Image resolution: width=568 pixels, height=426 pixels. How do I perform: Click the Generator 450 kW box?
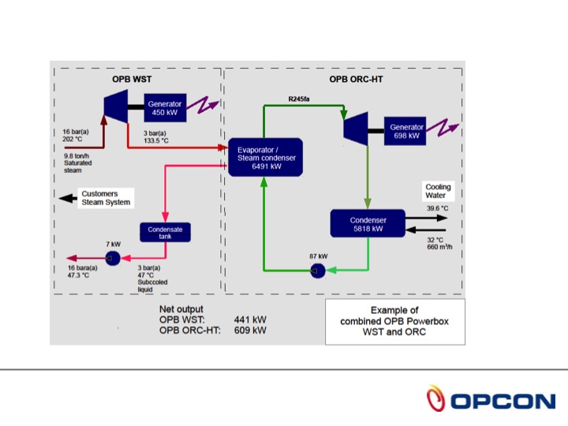tap(164, 107)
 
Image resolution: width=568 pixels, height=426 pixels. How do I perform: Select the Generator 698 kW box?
tap(407, 131)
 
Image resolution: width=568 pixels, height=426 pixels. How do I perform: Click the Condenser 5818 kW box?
tap(367, 224)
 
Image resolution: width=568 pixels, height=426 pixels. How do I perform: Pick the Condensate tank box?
tap(166, 233)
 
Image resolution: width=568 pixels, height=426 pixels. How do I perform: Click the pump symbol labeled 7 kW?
tap(112, 259)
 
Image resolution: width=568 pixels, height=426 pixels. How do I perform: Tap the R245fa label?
tap(300, 99)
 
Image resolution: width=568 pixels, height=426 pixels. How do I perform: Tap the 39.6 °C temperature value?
tap(437, 208)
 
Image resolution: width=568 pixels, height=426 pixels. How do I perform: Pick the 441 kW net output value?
tap(250, 319)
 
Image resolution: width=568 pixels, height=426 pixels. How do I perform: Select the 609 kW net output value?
tap(250, 331)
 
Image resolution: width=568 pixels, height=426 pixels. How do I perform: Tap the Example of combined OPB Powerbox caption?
tap(395, 321)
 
